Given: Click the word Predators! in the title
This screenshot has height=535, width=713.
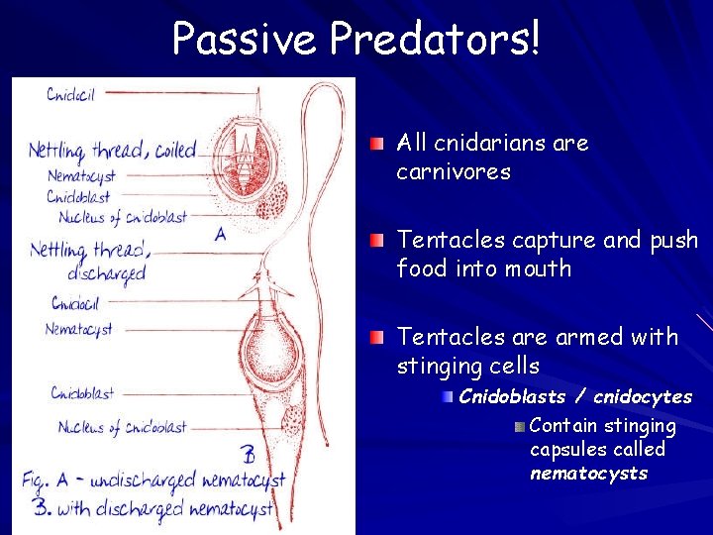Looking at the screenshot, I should point(435,39).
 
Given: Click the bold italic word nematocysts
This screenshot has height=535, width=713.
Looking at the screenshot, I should point(588,474).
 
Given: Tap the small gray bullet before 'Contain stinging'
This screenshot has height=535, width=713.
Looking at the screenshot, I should point(520,427).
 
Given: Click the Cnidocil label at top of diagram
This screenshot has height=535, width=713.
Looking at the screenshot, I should point(71,94).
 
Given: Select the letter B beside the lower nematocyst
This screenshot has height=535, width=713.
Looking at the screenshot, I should point(248,455).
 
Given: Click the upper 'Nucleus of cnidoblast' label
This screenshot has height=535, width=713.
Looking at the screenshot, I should point(122,217).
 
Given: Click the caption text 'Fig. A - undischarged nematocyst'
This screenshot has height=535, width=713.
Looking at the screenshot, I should point(154,481).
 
